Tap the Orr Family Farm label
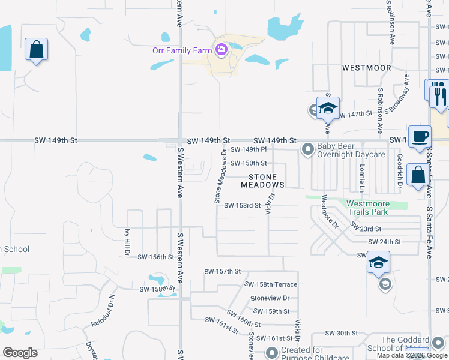point(181,50)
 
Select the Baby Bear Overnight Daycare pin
point(308,148)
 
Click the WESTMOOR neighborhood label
point(366,68)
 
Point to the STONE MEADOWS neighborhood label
point(264,181)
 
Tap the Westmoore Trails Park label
point(368,208)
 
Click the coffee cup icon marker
point(420,136)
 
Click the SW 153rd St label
point(243,205)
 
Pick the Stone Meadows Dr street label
point(220,176)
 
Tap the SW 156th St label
point(155,257)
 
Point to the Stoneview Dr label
point(270,298)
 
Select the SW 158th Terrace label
point(270,284)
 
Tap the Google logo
point(20,353)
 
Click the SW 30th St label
point(341,333)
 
